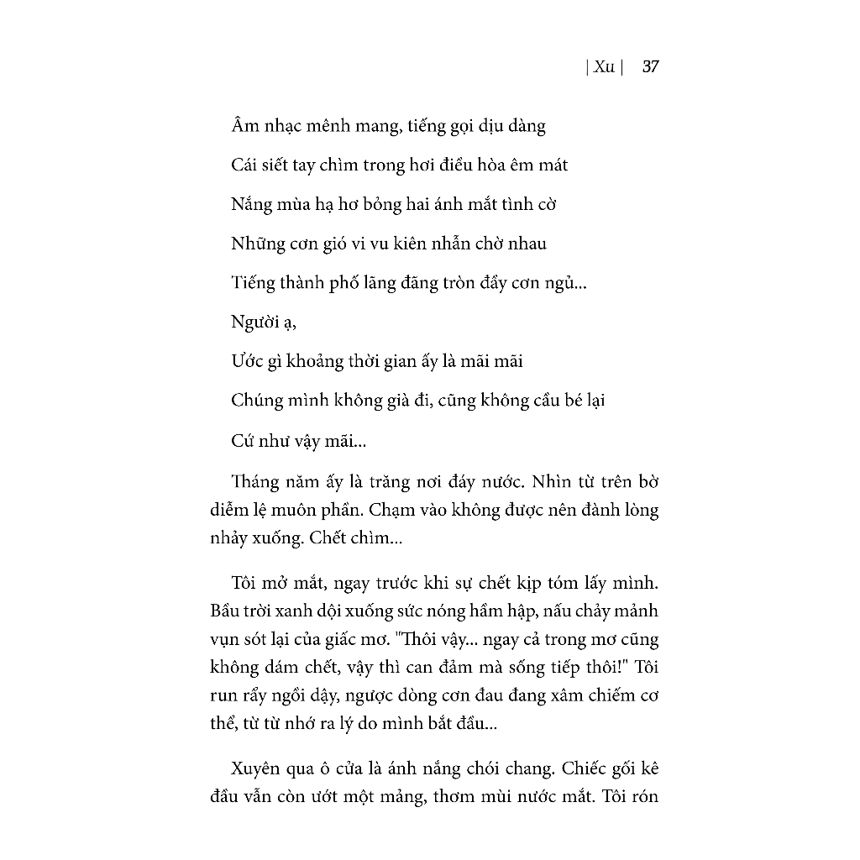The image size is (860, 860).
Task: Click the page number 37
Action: [x=650, y=67]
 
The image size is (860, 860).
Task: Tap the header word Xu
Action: [x=604, y=67]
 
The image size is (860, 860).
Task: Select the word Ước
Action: [x=249, y=361]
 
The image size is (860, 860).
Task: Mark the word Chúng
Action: [x=257, y=401]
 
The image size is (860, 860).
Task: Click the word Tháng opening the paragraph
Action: [x=257, y=482]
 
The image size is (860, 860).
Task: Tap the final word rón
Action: [x=642, y=795]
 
